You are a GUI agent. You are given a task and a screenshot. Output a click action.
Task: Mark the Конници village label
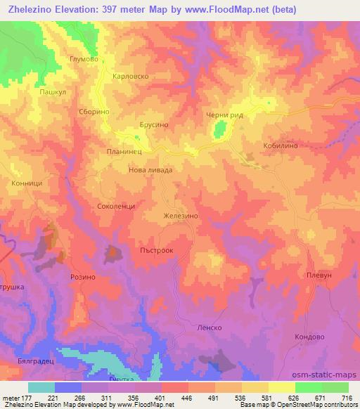(x=27, y=183)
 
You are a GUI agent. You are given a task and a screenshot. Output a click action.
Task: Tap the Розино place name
(x=82, y=278)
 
